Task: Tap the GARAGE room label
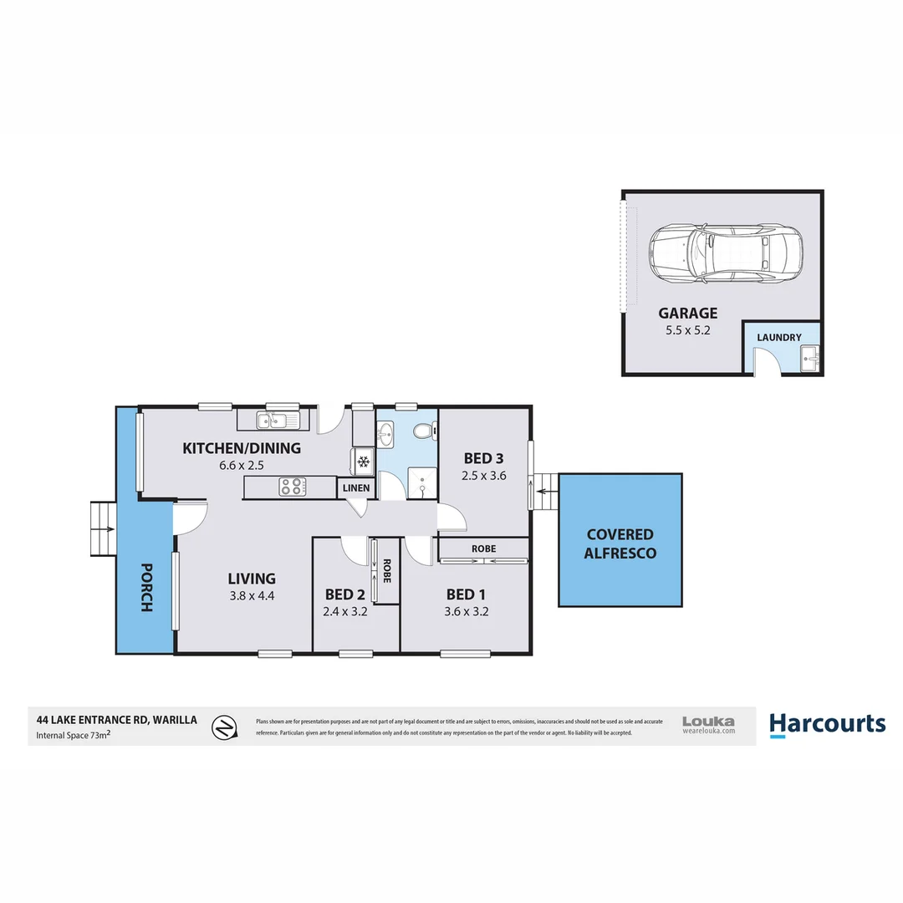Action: coord(687,314)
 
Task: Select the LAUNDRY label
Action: coord(778,338)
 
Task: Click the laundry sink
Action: coord(811,360)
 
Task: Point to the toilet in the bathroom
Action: coord(424,431)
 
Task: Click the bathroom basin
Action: coord(386,434)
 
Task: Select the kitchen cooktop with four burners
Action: coord(292,487)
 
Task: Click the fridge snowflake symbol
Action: coord(363,462)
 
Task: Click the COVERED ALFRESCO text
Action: coord(620,543)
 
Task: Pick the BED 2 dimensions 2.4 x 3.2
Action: coord(346,611)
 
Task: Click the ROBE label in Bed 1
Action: coord(482,548)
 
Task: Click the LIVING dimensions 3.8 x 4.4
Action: coord(252,596)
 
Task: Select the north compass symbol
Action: coord(222,727)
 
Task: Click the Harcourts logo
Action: coord(827,724)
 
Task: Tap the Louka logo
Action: coord(708,724)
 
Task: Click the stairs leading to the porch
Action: coord(103,529)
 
